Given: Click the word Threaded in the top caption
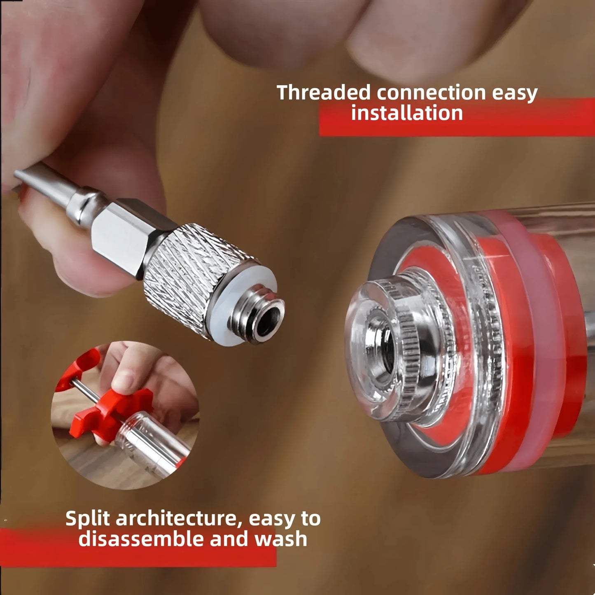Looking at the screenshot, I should click(323, 93).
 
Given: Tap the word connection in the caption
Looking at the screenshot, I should click(431, 93).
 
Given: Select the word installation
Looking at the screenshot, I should click(407, 113).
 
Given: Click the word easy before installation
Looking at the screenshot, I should click(515, 93).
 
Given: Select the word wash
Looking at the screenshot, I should click(281, 539).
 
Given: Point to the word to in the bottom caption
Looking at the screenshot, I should click(310, 518).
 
